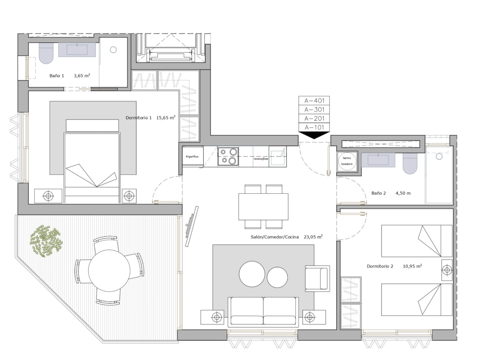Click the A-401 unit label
coord(314,100)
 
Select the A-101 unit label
coord(314,127)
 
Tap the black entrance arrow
coord(314,135)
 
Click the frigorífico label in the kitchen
coord(192,157)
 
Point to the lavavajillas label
coord(261,159)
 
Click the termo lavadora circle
coord(347,161)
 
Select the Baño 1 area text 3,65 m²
coord(82,76)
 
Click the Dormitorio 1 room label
coord(139,118)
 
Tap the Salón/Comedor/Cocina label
coord(275,237)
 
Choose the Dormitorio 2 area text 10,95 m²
coord(412,266)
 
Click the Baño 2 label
coord(378,193)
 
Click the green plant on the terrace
coord(46,241)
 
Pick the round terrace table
coord(109,271)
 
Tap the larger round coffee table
coord(252,274)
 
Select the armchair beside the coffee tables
coord(317,278)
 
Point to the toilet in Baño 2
coord(410,163)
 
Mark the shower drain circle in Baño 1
coord(113,50)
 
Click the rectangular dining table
coord(263,207)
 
